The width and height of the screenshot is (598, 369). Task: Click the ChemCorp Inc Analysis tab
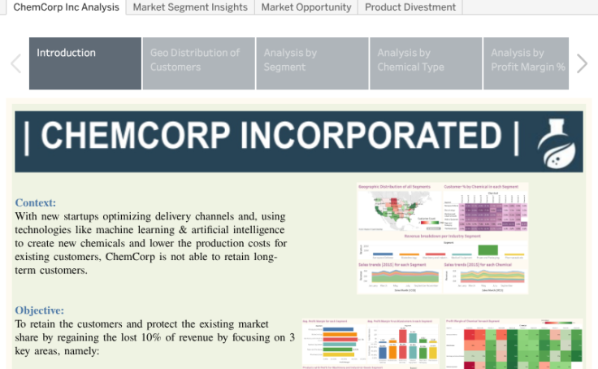(65, 7)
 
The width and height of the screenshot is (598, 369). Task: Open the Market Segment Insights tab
(190, 7)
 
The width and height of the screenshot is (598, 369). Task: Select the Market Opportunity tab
(306, 7)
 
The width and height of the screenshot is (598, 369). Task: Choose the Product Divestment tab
(410, 7)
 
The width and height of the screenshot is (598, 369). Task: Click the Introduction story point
(85, 63)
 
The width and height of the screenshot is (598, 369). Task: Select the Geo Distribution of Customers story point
(198, 63)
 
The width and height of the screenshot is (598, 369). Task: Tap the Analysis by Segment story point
(312, 63)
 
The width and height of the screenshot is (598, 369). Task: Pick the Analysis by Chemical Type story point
(426, 63)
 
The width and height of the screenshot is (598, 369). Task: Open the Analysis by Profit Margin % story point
(527, 63)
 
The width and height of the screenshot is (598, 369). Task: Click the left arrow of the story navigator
(15, 63)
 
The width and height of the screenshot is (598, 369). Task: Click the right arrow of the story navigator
(582, 63)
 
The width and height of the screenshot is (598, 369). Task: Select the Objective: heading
(40, 310)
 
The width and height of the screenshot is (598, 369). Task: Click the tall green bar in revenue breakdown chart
(487, 250)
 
